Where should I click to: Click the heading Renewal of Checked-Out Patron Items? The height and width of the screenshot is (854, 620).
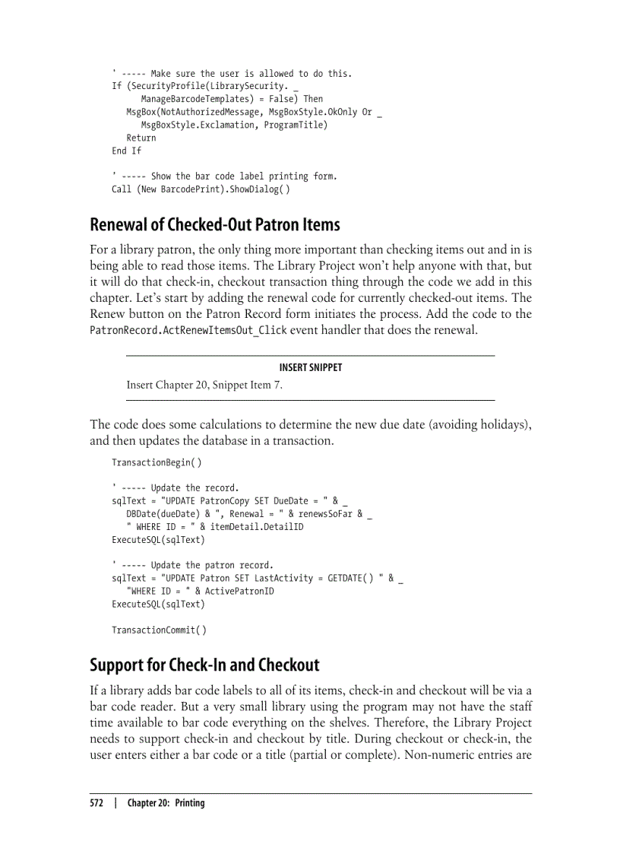click(x=214, y=225)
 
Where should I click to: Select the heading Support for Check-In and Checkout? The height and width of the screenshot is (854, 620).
click(x=204, y=665)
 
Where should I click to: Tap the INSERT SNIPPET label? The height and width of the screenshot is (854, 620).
click(x=310, y=367)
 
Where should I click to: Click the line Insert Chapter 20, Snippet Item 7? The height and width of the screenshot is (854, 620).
click(x=204, y=385)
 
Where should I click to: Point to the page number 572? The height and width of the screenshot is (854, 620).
click(x=97, y=803)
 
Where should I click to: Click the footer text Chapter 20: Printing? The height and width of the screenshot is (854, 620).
click(x=166, y=803)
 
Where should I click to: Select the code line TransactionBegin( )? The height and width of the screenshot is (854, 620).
click(x=157, y=462)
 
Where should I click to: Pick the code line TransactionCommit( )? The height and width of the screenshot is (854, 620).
click(x=159, y=630)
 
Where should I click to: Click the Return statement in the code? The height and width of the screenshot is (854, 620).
click(x=141, y=138)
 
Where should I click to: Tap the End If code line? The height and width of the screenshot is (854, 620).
click(x=126, y=151)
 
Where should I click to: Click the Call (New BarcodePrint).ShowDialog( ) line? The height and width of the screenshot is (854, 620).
click(x=200, y=189)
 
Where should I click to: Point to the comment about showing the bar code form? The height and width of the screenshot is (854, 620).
click(x=224, y=176)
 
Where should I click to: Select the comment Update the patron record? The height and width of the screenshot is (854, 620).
click(x=192, y=565)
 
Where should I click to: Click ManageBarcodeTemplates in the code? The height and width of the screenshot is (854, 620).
click(x=196, y=99)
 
